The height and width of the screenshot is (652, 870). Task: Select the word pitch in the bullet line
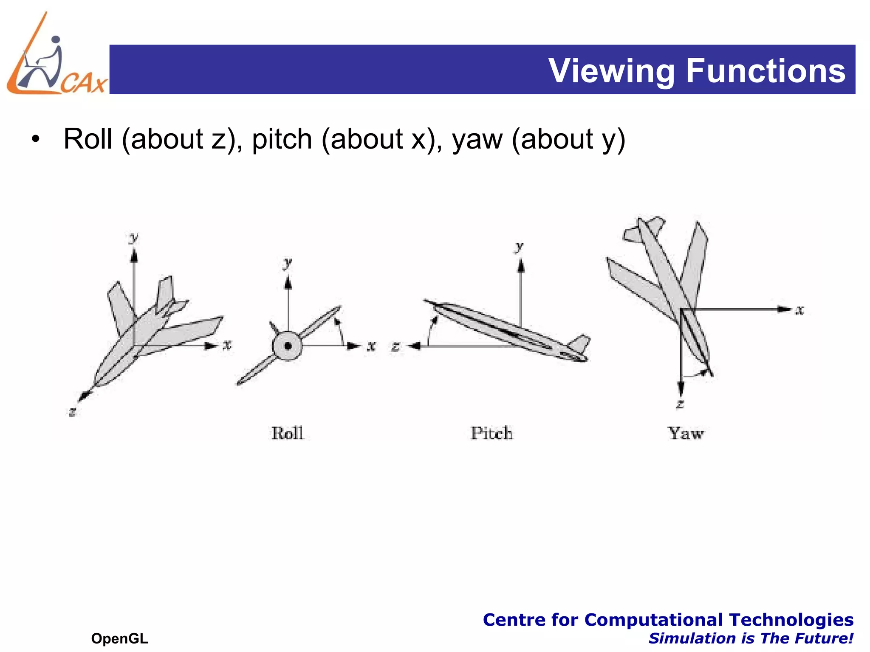click(x=282, y=139)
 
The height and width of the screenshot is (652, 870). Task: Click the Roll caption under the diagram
click(x=288, y=433)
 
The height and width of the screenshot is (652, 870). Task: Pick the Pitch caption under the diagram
click(x=492, y=433)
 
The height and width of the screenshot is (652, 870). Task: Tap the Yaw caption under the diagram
click(x=686, y=433)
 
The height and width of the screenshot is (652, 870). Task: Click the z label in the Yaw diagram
click(x=680, y=404)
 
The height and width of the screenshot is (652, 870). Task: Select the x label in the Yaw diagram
click(x=800, y=310)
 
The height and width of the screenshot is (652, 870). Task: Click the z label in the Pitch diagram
click(x=395, y=346)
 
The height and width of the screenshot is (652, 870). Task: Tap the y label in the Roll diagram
click(x=288, y=263)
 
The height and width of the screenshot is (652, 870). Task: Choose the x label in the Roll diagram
click(x=372, y=346)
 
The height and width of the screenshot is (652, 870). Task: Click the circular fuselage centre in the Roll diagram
click(x=288, y=346)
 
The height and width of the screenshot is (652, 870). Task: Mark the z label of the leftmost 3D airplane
click(x=73, y=411)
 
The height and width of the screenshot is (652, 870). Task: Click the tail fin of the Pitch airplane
click(x=580, y=343)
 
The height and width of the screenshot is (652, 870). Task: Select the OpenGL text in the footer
click(x=119, y=638)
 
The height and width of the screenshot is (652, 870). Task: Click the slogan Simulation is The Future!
click(x=751, y=638)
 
